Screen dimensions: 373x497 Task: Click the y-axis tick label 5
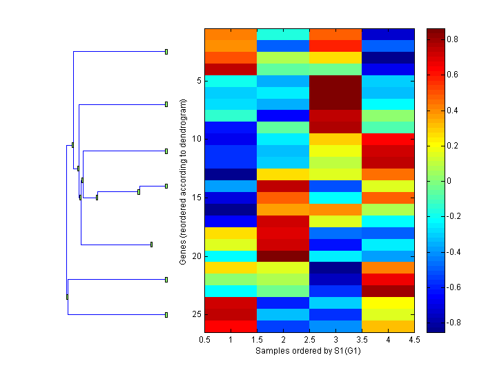click(x=198, y=81)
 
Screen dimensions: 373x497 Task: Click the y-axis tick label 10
click(x=196, y=139)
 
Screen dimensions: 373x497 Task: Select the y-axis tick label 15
click(x=196, y=198)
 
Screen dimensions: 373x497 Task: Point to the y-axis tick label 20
click(x=196, y=256)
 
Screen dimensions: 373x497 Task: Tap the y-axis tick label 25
click(x=196, y=314)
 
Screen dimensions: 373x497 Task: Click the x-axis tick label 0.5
click(x=205, y=340)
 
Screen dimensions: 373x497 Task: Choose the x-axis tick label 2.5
click(x=310, y=340)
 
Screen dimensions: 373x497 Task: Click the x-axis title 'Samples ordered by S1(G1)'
click(x=309, y=351)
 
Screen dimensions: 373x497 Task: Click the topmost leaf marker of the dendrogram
click(x=166, y=51)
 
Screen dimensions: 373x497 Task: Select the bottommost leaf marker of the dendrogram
click(x=166, y=315)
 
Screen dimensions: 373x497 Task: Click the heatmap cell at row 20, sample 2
click(x=284, y=256)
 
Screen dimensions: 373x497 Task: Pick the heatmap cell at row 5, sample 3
click(x=336, y=81)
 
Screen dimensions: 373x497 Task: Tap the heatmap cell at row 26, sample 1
click(x=231, y=326)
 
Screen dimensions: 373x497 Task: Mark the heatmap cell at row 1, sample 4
click(x=389, y=34)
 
